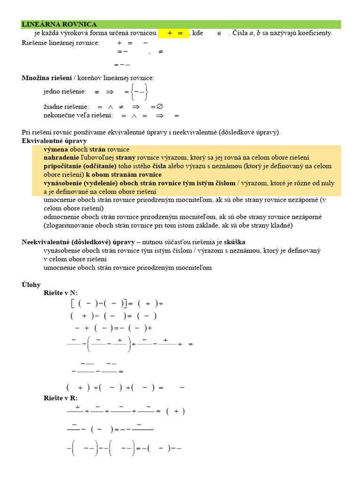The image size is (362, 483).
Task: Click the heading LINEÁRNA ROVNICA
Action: click(x=59, y=25)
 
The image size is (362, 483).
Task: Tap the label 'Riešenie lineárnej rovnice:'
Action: click(x=61, y=43)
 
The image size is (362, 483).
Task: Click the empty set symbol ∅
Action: click(x=159, y=107)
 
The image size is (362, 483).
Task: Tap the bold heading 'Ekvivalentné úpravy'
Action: click(x=54, y=141)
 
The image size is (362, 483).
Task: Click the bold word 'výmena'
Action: click(x=56, y=149)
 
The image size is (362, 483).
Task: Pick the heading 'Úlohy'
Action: click(x=31, y=284)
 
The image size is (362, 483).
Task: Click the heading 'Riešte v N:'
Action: click(x=60, y=293)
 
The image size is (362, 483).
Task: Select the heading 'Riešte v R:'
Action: click(x=60, y=399)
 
